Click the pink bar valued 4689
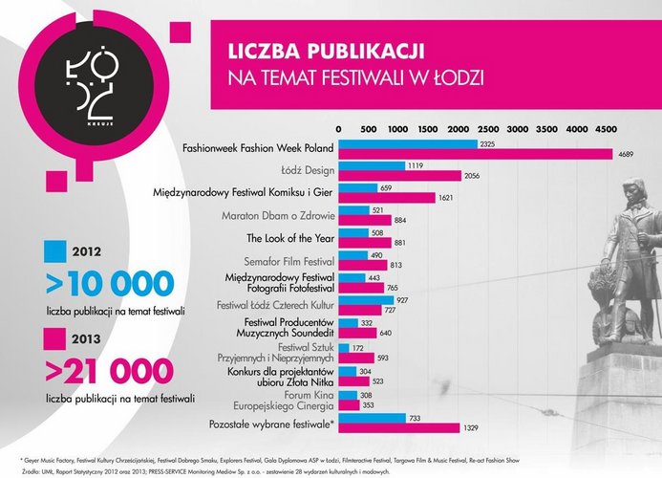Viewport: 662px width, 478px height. coord(475,155)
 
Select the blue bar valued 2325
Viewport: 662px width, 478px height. coord(407,144)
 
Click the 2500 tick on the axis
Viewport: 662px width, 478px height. coord(487,128)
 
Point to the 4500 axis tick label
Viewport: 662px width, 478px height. coord(606,128)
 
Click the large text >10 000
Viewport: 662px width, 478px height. coord(111,283)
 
